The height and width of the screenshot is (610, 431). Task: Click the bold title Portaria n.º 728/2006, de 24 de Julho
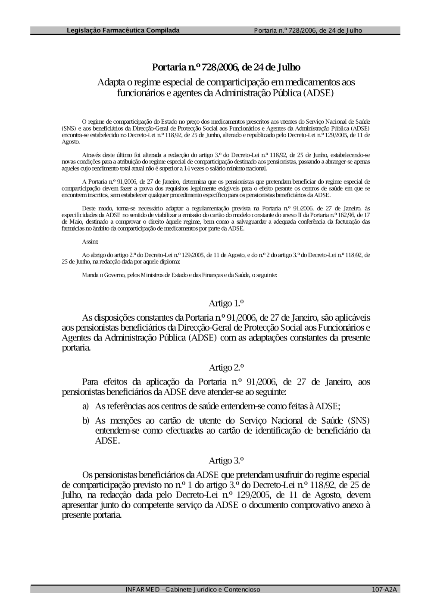pyautogui.click(x=226, y=67)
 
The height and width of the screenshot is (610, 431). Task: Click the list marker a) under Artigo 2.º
pyautogui.click(x=86, y=406)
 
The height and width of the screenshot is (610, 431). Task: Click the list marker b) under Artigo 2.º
pyautogui.click(x=86, y=420)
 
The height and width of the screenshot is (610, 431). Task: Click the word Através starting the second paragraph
pyautogui.click(x=91, y=155)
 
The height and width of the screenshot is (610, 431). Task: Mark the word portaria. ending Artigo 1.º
pyautogui.click(x=76, y=348)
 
